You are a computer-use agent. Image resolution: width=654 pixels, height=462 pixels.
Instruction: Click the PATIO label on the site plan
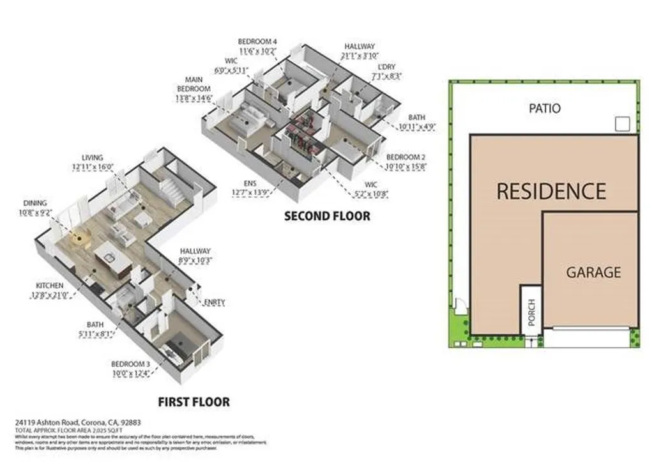click(x=545, y=108)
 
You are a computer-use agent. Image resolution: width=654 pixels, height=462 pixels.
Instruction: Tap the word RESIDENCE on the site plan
click(x=551, y=191)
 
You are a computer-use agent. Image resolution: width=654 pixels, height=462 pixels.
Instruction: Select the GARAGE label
click(x=593, y=272)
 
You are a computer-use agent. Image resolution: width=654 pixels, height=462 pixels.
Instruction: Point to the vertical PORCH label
click(x=531, y=311)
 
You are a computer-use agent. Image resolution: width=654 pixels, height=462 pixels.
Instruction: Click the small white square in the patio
click(x=622, y=124)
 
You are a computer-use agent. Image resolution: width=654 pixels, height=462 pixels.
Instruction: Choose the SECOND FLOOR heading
click(x=326, y=216)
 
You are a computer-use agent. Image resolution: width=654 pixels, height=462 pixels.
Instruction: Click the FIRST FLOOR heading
click(x=194, y=402)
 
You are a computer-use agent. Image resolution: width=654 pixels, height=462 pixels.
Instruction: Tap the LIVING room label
click(x=93, y=162)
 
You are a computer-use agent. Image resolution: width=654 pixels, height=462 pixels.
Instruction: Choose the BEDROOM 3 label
click(x=130, y=369)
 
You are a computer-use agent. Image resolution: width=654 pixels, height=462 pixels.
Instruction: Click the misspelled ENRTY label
click(x=214, y=302)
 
